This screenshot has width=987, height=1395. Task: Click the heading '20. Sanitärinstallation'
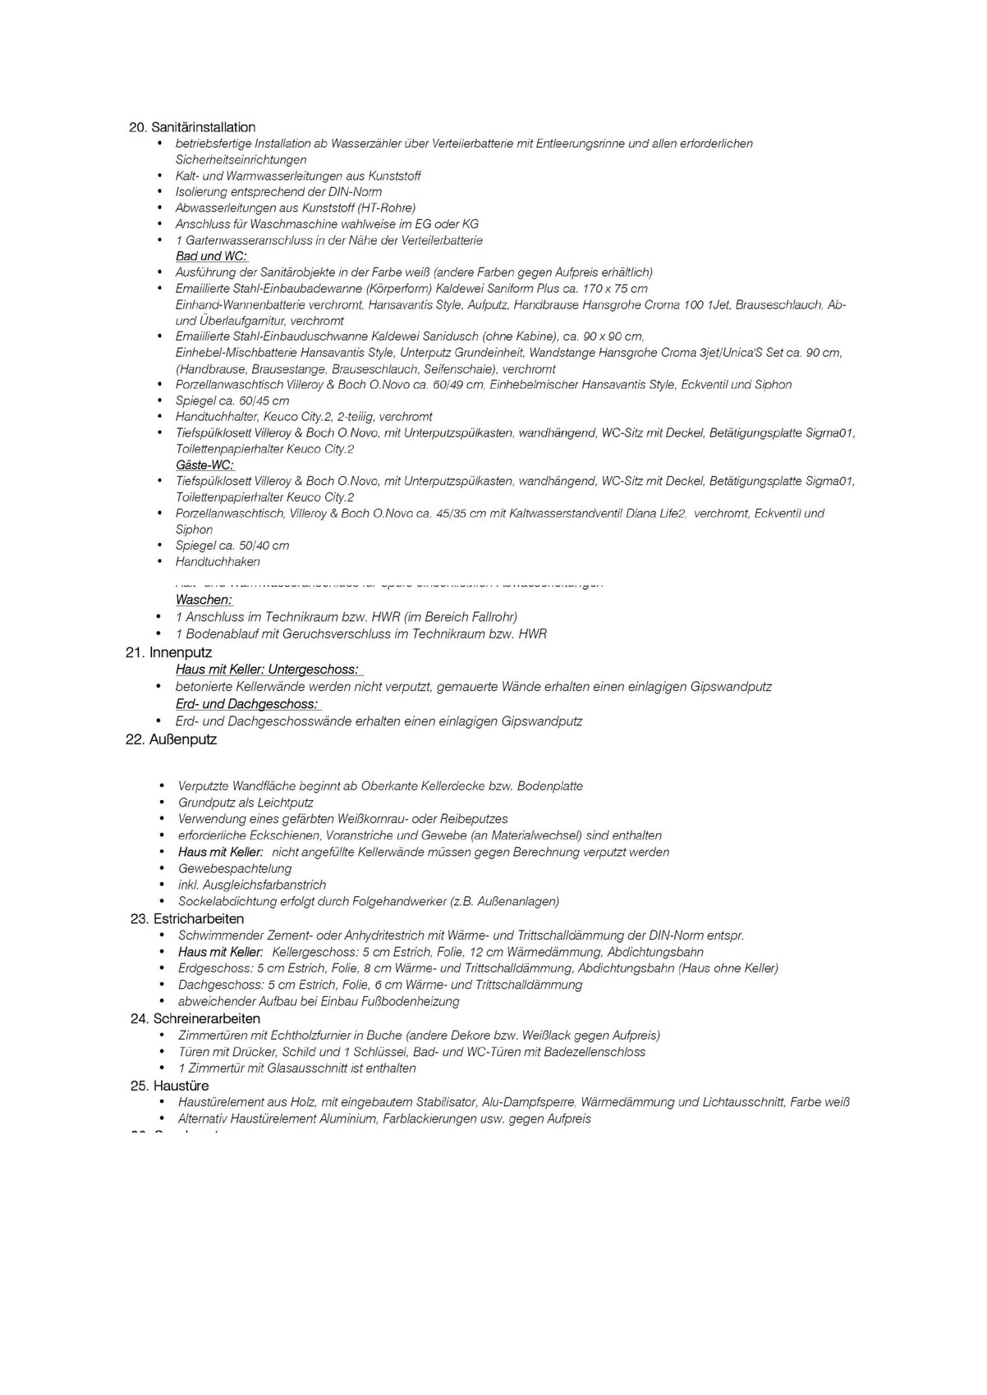tap(192, 127)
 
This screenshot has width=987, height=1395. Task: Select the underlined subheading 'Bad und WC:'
tap(211, 256)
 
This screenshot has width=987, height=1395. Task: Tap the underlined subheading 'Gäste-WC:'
tap(204, 465)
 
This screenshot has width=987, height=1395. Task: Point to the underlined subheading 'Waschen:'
tap(204, 600)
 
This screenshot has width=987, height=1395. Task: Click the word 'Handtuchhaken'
tap(218, 562)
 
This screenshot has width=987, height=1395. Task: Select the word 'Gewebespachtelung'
tap(235, 868)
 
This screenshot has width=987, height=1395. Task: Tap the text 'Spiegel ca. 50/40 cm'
tap(232, 546)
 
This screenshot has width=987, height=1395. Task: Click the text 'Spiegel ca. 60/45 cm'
tap(232, 400)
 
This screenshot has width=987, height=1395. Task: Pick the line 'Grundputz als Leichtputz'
tap(246, 803)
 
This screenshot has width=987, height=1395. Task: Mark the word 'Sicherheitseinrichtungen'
tap(241, 160)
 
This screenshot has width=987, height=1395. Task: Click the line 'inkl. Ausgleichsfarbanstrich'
tap(252, 885)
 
